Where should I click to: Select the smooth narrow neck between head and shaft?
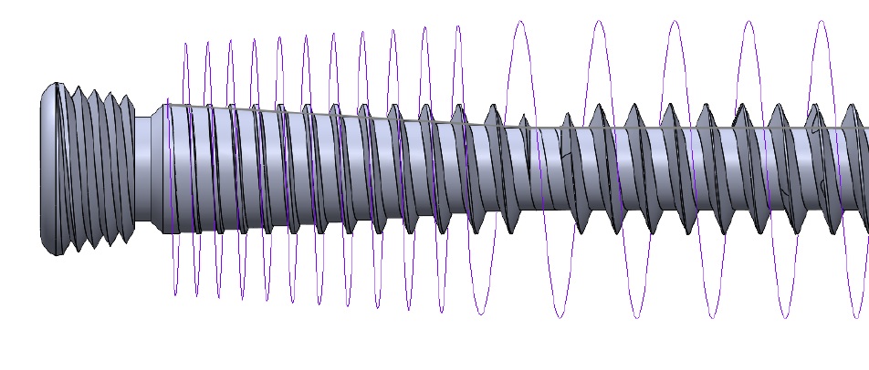click(x=142, y=169)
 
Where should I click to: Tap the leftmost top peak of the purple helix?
click(x=186, y=43)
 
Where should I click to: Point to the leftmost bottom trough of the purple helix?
click(x=175, y=293)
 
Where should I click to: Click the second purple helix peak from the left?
click(x=208, y=42)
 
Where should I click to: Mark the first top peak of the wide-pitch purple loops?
click(x=520, y=22)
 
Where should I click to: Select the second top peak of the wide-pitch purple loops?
click(x=597, y=21)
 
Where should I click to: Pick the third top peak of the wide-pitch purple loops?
click(x=674, y=21)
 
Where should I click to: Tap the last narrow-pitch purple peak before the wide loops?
click(x=456, y=26)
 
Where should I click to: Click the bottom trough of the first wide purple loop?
click(x=559, y=317)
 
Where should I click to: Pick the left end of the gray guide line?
click(x=168, y=105)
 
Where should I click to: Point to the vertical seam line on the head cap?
click(x=58, y=169)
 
